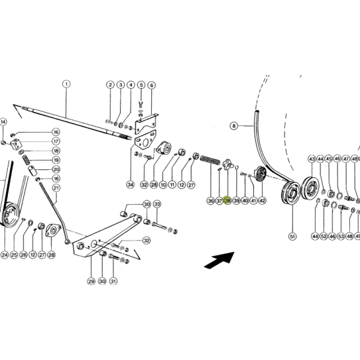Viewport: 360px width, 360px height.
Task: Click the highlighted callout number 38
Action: point(227,200)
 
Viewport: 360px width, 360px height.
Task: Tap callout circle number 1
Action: point(67,84)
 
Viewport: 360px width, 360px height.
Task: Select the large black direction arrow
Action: point(219,260)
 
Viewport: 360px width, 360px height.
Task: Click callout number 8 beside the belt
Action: point(234,126)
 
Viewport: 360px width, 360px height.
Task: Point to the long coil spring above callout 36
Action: point(210,160)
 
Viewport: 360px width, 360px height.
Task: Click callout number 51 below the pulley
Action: point(293,236)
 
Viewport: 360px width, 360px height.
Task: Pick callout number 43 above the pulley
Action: point(312,159)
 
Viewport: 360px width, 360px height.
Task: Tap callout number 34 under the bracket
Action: point(130,184)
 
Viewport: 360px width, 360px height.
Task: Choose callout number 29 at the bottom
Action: point(91,281)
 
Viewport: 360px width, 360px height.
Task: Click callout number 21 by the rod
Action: point(56,188)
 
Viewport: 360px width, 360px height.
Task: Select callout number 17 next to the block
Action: point(56,141)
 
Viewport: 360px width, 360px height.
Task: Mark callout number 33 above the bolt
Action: point(157,204)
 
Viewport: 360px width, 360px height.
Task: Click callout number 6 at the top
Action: point(152,85)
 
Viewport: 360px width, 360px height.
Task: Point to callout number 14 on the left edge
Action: point(3,122)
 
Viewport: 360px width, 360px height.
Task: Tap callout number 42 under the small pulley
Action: point(262,200)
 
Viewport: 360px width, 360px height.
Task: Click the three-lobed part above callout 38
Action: point(228,164)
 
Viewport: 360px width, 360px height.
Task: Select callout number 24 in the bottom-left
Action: point(5,254)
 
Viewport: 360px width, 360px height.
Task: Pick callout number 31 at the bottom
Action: point(113,281)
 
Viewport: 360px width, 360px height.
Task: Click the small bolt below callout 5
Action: point(141,104)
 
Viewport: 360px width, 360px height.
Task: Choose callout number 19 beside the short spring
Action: point(56,160)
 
